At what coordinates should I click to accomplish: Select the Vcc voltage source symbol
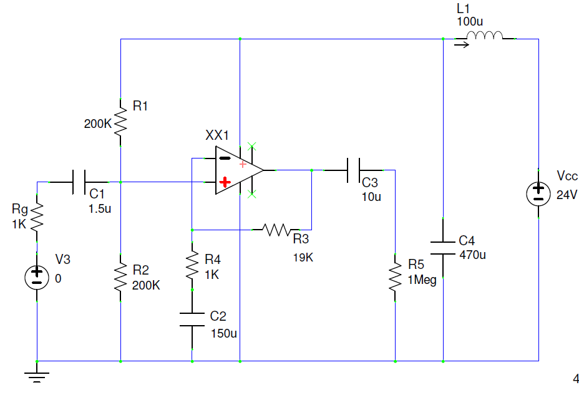click(x=538, y=194)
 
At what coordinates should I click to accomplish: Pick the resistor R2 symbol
click(x=120, y=276)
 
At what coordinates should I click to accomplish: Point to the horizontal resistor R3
click(x=277, y=230)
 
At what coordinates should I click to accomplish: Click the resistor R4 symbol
click(x=192, y=266)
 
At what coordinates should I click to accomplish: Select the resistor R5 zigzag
click(x=395, y=276)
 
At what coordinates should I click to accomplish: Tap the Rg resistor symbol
click(x=37, y=217)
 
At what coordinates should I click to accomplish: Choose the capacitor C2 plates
click(x=192, y=319)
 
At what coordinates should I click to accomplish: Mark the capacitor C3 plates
click(x=354, y=170)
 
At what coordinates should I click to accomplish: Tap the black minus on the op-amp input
click(x=225, y=158)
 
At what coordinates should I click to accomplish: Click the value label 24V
click(x=567, y=195)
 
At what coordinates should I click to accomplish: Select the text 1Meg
click(x=422, y=280)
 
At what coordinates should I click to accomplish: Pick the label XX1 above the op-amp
click(x=217, y=135)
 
